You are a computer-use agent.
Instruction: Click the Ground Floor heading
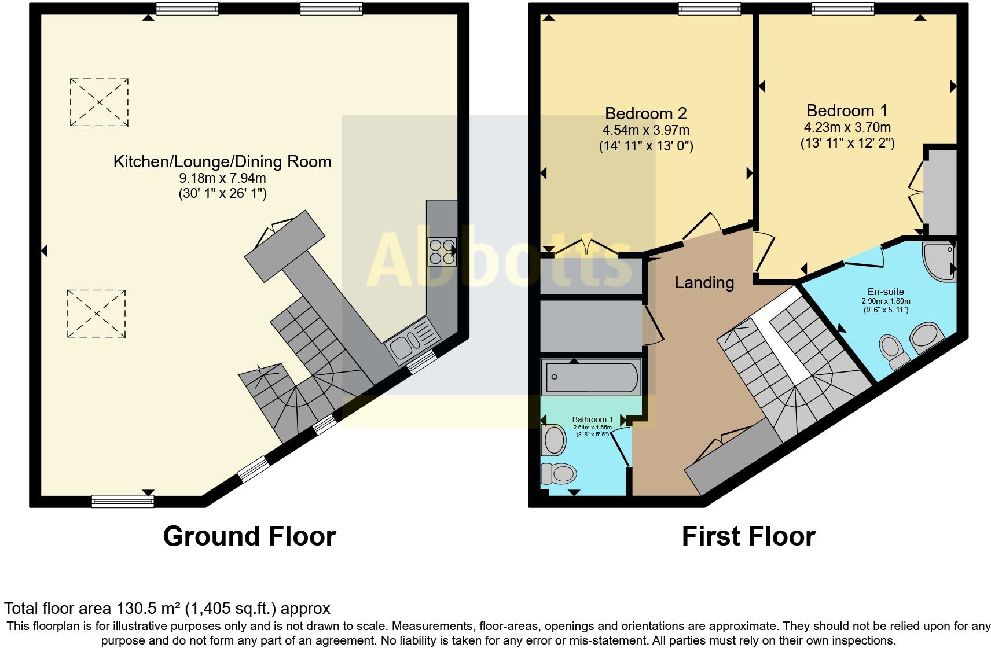[249, 536]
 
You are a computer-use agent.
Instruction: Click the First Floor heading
[748, 536]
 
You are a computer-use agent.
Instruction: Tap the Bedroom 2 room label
[646, 113]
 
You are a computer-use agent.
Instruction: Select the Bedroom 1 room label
[847, 111]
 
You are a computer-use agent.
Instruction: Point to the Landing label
[704, 282]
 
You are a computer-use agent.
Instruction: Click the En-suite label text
[886, 292]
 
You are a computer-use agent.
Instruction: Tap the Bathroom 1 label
[592, 419]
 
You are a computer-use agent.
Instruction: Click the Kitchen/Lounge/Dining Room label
[222, 162]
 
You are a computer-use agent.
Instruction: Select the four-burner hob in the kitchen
[442, 252]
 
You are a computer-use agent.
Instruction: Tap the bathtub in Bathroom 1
[592, 377]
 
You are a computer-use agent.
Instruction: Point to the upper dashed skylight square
[99, 102]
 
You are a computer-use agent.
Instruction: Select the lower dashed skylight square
[97, 314]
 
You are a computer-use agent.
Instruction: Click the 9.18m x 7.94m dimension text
[222, 178]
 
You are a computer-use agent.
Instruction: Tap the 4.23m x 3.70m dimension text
[847, 127]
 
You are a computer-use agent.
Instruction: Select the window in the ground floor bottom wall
[123, 501]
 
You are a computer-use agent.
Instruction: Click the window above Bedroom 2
[710, 9]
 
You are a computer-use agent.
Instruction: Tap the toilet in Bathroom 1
[559, 474]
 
